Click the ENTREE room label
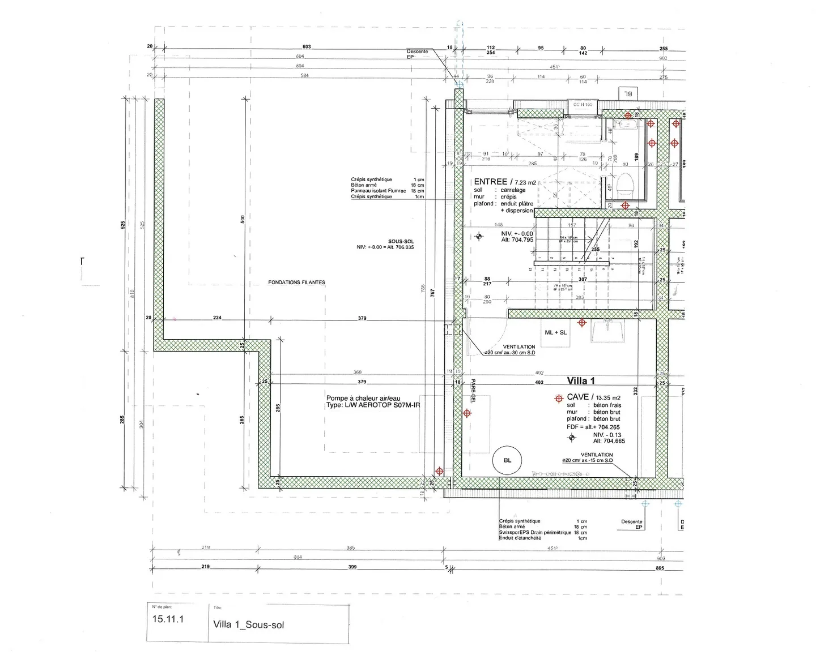(491, 182)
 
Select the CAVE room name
(578, 397)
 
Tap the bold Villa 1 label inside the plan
(581, 381)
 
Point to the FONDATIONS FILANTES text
(296, 282)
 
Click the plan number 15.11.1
(168, 619)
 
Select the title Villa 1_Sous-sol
(249, 625)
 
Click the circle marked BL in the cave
(507, 460)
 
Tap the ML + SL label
(555, 332)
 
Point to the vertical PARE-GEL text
(471, 391)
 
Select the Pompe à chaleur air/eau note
(363, 398)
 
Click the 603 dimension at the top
(307, 47)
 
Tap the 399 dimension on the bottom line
(352, 567)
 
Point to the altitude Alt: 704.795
(517, 239)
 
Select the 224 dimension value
(217, 318)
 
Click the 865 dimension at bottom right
(660, 567)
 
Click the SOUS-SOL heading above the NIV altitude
(401, 241)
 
